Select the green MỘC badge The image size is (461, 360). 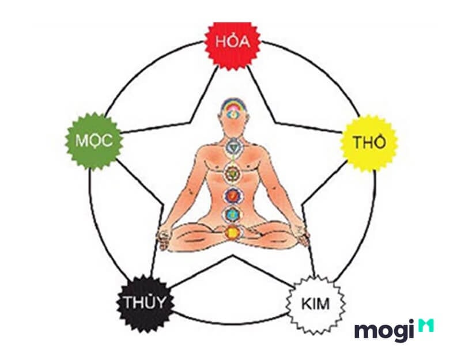94,141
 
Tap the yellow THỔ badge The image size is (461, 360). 369,143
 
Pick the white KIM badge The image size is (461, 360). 315,305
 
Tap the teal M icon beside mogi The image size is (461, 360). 426,325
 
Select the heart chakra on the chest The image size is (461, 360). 233,172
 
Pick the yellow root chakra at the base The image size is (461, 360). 232,233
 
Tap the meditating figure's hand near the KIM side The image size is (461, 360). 303,235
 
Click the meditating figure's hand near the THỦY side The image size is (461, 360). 164,237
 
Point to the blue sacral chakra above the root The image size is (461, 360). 233,214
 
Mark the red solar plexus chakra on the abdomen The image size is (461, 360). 233,195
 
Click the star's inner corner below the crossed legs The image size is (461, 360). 233,255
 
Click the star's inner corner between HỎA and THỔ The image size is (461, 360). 275,123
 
